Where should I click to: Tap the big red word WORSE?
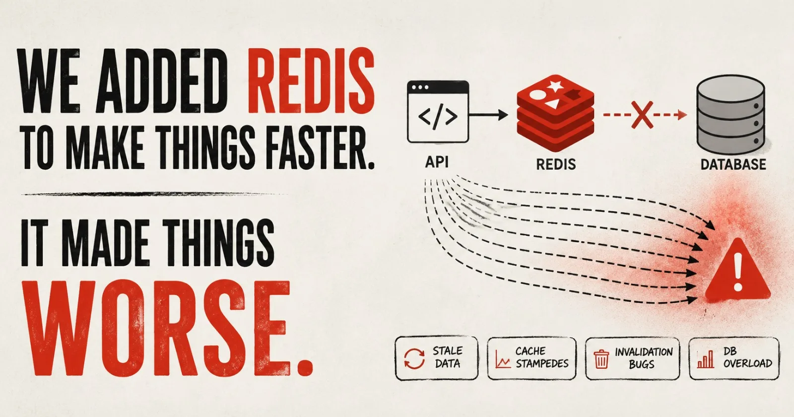pos(167,328)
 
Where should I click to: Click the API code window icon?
pos(438,112)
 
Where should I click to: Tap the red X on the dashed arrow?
pos(642,115)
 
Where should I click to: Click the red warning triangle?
pos(737,270)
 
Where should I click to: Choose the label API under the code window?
pos(437,162)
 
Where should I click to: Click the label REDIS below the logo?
pos(556,164)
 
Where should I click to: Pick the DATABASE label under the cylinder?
pos(733,164)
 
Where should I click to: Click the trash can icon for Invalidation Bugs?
pos(601,359)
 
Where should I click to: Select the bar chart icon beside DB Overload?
pos(705,359)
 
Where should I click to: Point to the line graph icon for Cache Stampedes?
pos(503,359)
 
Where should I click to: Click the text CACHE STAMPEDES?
pos(541,357)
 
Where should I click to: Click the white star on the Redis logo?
pos(555,85)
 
